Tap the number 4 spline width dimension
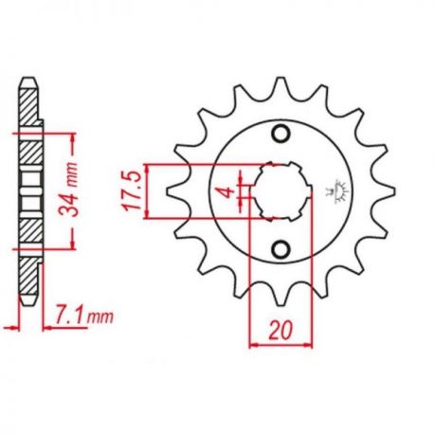[227, 192]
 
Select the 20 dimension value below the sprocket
[280, 331]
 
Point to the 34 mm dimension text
[69, 190]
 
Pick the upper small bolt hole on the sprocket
[280, 134]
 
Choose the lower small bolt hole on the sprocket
[280, 249]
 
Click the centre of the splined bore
[280, 191]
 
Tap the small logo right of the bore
[336, 191]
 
